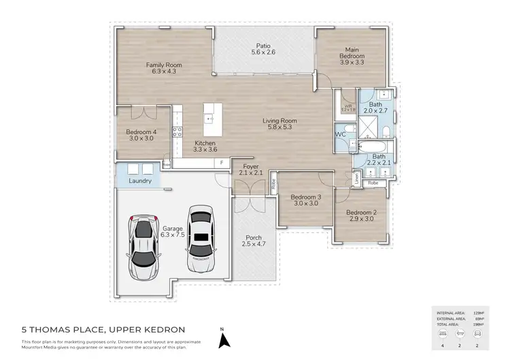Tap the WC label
(341, 134)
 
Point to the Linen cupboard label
(356, 178)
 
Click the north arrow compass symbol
(222, 337)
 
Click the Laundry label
(139, 181)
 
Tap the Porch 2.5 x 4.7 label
(253, 241)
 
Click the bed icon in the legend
(443, 334)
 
